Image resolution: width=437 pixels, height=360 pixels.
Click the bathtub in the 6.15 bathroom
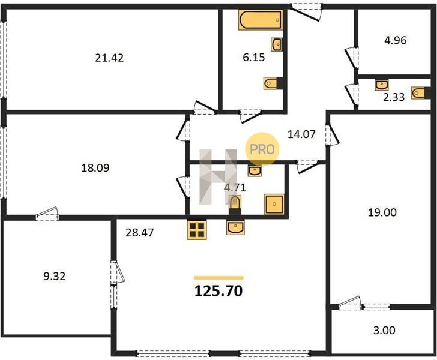pyautogui.click(x=261, y=20)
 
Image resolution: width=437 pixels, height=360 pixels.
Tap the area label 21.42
pyautogui.click(x=109, y=58)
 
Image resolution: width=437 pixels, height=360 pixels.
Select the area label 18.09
pyautogui.click(x=95, y=168)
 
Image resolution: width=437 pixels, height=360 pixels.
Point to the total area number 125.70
pyautogui.click(x=218, y=291)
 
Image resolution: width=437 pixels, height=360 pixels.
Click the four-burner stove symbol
pyautogui.click(x=197, y=230)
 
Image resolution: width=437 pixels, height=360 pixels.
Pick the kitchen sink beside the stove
pyautogui.click(x=236, y=227)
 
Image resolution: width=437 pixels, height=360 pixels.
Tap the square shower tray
pyautogui.click(x=274, y=204)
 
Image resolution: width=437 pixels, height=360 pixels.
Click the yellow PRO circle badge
pyautogui.click(x=262, y=149)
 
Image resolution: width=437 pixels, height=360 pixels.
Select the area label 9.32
pyautogui.click(x=55, y=277)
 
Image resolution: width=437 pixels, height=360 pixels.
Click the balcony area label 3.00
pyautogui.click(x=384, y=331)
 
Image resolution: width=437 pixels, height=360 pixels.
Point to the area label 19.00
pyautogui.click(x=382, y=212)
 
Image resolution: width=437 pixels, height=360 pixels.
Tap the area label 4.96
pyautogui.click(x=396, y=40)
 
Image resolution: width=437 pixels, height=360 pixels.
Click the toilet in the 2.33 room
pyautogui.click(x=418, y=93)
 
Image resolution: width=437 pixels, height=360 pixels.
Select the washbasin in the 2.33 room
pyautogui.click(x=382, y=85)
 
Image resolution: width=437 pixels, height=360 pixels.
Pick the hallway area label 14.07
pyautogui.click(x=301, y=134)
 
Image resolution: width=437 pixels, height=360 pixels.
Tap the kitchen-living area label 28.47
pyautogui.click(x=140, y=232)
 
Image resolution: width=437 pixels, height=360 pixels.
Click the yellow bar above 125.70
pyautogui.click(x=218, y=278)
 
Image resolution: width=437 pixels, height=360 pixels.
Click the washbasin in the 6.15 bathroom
pyautogui.click(x=277, y=44)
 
